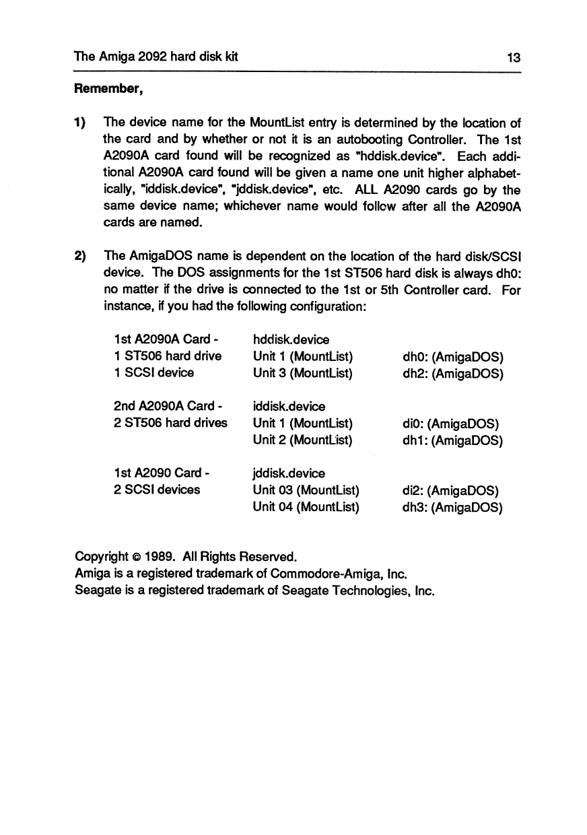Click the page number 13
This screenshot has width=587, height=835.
514,58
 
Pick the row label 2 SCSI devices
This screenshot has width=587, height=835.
158,490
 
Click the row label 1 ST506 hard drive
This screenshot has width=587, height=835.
168,356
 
